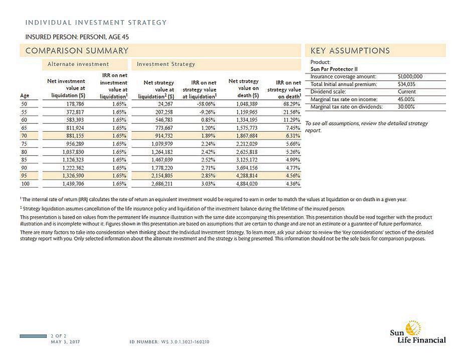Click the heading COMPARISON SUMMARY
click(77, 51)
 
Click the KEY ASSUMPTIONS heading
click(350, 51)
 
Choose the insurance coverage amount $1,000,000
click(409, 77)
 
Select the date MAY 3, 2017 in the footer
click(66, 342)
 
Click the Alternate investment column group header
click(78, 64)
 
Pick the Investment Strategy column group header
click(166, 64)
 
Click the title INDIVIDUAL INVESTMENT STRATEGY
click(96, 23)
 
